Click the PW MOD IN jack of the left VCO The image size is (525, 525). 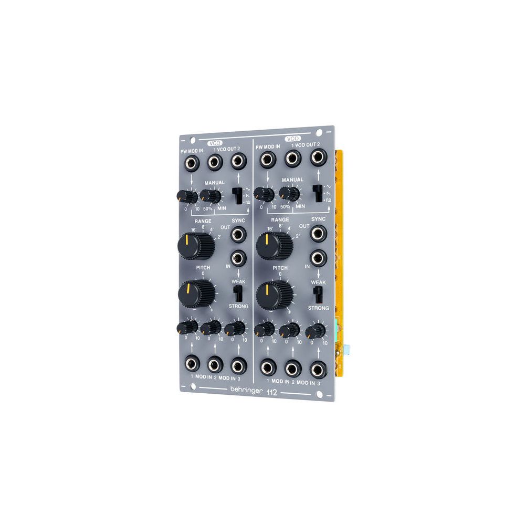click(188, 163)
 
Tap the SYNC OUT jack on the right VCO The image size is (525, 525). click(318, 233)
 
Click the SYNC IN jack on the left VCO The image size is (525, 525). click(239, 257)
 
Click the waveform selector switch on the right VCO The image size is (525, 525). click(318, 193)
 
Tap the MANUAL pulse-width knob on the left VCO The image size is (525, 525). click(211, 196)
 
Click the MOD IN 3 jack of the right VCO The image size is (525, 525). click(318, 370)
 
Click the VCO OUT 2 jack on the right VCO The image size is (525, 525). click(318, 157)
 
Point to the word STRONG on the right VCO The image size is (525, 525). click(318, 308)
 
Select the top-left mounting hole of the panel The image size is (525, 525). click(193, 140)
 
